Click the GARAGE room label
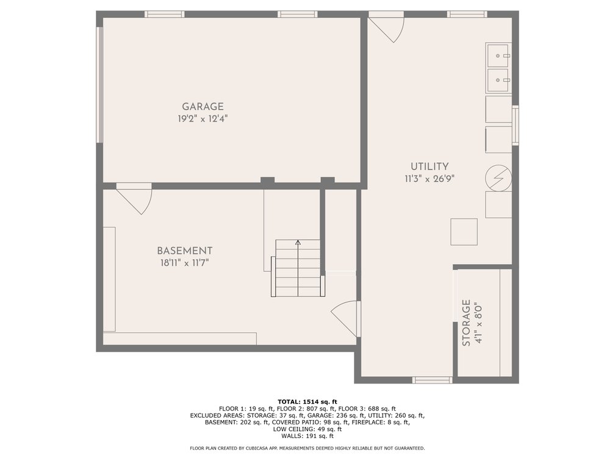point(203,106)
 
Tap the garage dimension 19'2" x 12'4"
point(203,118)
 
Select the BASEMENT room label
point(185,251)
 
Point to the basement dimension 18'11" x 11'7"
point(185,263)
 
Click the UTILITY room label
point(430,166)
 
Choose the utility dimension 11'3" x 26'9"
point(430,179)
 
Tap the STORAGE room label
point(466,323)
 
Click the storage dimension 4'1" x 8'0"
point(478,323)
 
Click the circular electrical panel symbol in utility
point(498,178)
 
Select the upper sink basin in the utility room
point(498,55)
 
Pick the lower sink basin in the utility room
point(498,80)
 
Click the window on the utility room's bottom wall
point(432,380)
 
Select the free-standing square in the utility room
point(464,232)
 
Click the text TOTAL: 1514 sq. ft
point(307,401)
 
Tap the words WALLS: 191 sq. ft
point(307,436)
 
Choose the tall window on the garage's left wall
point(100,85)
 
